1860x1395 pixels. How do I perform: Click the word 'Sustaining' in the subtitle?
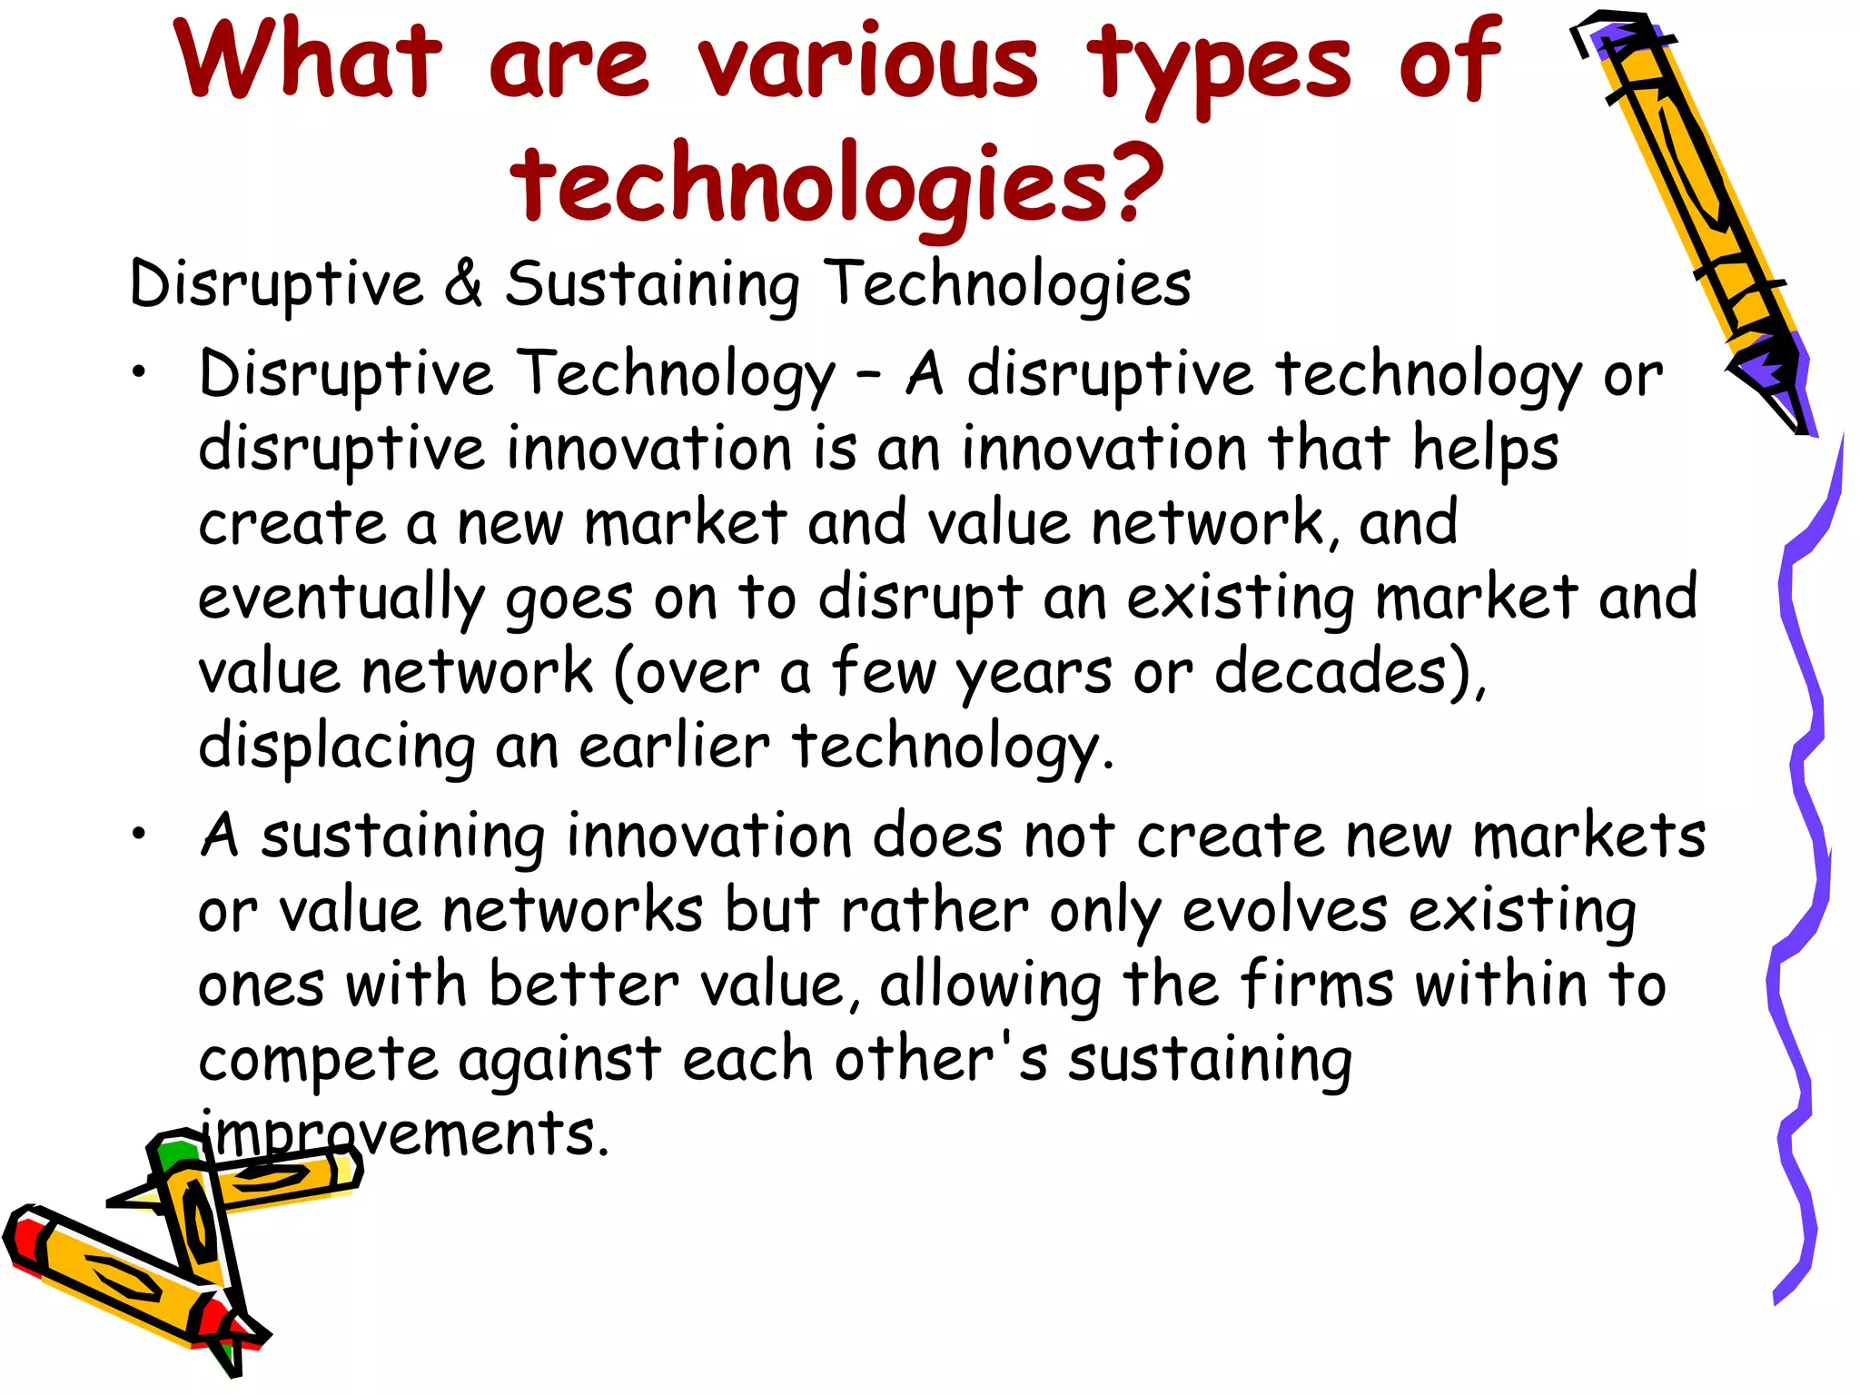coord(652,284)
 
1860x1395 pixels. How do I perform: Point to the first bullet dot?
coord(137,372)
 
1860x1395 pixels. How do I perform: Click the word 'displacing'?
coord(336,747)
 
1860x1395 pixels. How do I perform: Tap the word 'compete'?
coord(317,1061)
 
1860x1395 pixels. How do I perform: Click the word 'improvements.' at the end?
coord(404,1133)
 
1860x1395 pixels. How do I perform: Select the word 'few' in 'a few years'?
coord(883,672)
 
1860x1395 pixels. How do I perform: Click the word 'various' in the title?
coord(868,61)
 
